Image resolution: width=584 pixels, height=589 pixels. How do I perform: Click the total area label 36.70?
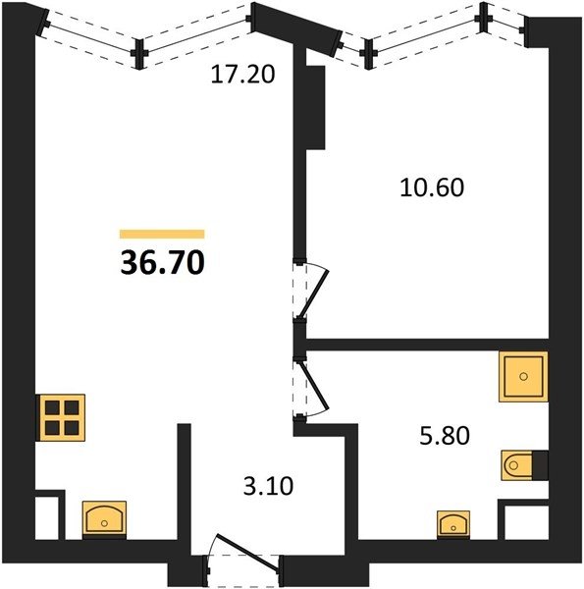click(162, 262)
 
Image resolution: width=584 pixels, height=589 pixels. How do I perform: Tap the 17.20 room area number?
click(243, 74)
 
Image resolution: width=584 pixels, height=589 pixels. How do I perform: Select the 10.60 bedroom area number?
click(432, 187)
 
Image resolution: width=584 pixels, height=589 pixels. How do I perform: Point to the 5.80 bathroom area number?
click(445, 436)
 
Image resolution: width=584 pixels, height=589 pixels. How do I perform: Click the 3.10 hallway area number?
click(268, 486)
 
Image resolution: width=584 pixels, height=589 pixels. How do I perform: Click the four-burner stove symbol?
click(62, 417)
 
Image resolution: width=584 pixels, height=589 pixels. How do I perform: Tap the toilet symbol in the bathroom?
click(517, 465)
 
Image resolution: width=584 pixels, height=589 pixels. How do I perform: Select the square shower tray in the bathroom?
click(523, 376)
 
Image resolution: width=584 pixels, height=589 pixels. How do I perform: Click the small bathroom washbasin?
click(453, 523)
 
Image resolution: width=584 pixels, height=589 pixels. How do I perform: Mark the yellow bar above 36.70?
click(162, 234)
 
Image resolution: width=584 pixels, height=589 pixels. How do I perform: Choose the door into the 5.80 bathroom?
click(312, 388)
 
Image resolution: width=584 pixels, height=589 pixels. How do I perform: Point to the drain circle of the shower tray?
click(523, 376)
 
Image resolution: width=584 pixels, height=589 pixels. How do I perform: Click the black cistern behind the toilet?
click(540, 465)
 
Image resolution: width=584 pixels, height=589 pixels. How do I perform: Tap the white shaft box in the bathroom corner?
click(523, 522)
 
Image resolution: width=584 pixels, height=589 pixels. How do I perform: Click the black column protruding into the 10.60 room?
click(315, 107)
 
